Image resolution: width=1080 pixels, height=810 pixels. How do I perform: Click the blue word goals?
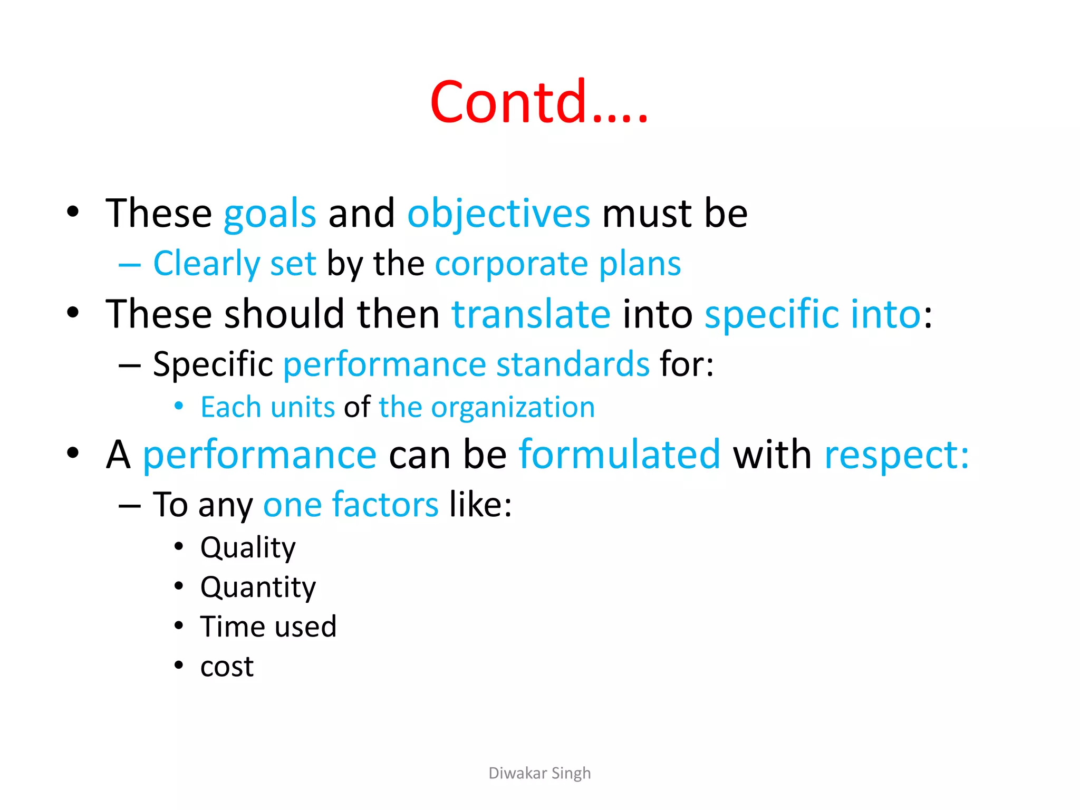(269, 214)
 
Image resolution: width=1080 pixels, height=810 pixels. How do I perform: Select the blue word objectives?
(498, 214)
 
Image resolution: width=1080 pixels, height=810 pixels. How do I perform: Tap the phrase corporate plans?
(557, 263)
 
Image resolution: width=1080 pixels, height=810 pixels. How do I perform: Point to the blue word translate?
(531, 314)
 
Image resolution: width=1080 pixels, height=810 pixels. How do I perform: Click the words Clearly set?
(235, 263)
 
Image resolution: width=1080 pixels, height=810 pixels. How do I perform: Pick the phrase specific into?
(812, 314)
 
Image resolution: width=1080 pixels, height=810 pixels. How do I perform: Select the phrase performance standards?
(466, 364)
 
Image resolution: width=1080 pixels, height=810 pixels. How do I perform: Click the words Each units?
(267, 407)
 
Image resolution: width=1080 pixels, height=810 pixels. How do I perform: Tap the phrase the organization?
(486, 407)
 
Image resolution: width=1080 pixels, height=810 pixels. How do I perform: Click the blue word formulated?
(619, 454)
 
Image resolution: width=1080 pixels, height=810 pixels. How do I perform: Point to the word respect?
(896, 454)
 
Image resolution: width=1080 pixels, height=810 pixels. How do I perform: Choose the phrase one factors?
(351, 505)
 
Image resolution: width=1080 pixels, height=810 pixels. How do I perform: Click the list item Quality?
(248, 547)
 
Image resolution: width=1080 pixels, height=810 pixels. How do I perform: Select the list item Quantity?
(258, 587)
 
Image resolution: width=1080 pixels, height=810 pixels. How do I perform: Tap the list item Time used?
(268, 626)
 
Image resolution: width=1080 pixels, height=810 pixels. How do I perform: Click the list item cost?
(227, 667)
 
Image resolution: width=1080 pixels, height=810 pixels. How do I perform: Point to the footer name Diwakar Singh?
(539, 773)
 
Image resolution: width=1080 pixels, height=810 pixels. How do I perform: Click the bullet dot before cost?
(179, 666)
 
